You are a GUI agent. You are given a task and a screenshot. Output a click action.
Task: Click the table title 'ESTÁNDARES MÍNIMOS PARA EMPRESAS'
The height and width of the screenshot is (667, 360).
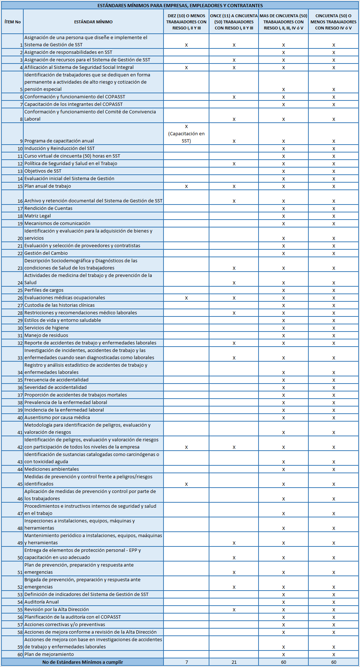[180, 5]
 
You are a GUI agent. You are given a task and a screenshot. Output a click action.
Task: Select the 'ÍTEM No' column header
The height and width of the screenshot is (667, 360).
[13, 22]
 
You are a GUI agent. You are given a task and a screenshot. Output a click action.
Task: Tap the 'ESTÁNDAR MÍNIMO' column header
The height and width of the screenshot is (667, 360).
[93, 22]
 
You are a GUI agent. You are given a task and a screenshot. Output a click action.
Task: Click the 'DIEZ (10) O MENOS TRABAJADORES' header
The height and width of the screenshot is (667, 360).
[186, 22]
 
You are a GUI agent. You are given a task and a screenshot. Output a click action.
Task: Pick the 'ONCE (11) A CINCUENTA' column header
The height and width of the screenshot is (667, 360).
[234, 22]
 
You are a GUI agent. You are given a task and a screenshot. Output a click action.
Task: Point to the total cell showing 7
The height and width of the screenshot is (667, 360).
[186, 662]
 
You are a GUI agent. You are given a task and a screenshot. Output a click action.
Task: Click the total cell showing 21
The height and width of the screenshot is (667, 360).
[234, 662]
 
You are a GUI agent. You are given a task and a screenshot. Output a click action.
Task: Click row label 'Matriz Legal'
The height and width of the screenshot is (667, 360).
[38, 216]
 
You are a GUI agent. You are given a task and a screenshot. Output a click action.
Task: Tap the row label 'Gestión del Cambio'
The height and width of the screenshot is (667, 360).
[46, 253]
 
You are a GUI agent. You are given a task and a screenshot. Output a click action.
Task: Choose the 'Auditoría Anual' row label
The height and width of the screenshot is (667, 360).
[42, 602]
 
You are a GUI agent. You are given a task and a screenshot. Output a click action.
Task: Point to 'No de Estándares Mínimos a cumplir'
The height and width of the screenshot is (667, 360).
[82, 662]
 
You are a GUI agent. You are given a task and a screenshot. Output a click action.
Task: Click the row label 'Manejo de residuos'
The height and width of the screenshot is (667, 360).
[46, 335]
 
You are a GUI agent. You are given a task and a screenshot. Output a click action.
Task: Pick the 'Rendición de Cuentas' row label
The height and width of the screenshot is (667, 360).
[48, 208]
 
